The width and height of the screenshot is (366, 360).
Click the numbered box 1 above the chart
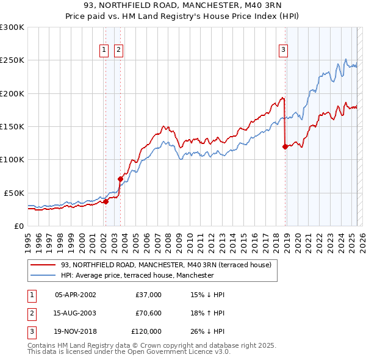(x=104, y=51)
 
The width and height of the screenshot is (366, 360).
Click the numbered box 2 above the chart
(x=118, y=51)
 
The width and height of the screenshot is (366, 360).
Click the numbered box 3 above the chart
(x=284, y=51)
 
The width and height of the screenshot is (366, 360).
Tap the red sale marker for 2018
(x=285, y=146)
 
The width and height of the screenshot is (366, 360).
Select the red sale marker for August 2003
(x=120, y=179)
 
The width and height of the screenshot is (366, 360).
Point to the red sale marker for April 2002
(x=106, y=201)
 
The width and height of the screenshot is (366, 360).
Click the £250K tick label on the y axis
(x=12, y=60)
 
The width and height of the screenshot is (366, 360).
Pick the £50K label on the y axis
(x=13, y=193)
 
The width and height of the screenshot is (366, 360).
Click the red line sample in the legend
(x=43, y=265)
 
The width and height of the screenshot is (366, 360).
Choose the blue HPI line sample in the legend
(x=43, y=275)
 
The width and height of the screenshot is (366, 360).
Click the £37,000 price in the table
(x=148, y=295)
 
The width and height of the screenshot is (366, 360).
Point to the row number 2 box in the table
(x=30, y=313)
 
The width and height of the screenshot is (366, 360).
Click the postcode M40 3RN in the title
(x=258, y=7)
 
